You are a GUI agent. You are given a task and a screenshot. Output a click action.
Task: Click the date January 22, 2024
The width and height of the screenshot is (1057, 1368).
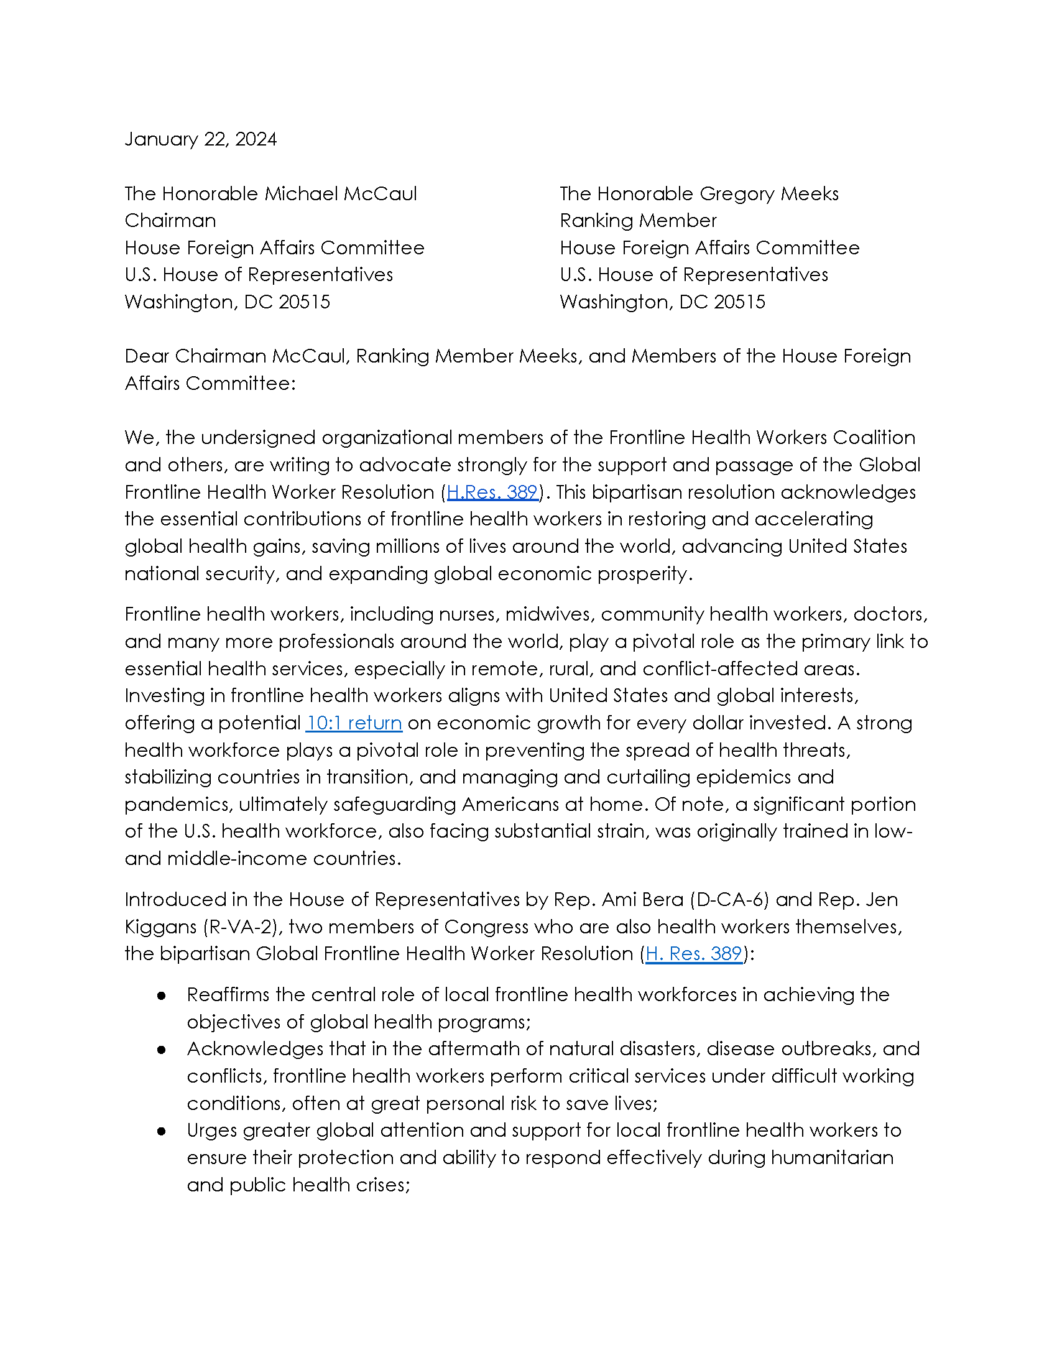coord(200,139)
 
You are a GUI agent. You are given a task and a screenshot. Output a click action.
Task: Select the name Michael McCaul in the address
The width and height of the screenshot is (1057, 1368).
coord(341,193)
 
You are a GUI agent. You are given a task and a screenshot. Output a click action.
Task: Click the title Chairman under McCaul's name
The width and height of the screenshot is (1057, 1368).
coord(170,221)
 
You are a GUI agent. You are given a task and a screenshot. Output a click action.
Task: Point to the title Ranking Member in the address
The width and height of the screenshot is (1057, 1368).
coord(638,221)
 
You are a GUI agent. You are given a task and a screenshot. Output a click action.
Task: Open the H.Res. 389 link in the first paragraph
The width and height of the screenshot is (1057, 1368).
coord(492,492)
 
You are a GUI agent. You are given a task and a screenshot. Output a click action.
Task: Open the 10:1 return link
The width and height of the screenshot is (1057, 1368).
coord(354,723)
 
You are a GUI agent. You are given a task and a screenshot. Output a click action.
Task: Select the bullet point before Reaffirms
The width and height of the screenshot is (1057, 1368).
coord(162,996)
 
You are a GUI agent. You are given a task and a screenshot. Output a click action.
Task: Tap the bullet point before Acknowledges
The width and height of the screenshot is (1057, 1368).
coord(162,1049)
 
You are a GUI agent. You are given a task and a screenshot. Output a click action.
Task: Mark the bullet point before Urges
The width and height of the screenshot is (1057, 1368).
coord(162,1130)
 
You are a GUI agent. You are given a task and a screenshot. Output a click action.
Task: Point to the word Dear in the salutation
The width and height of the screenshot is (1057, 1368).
coord(147,356)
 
